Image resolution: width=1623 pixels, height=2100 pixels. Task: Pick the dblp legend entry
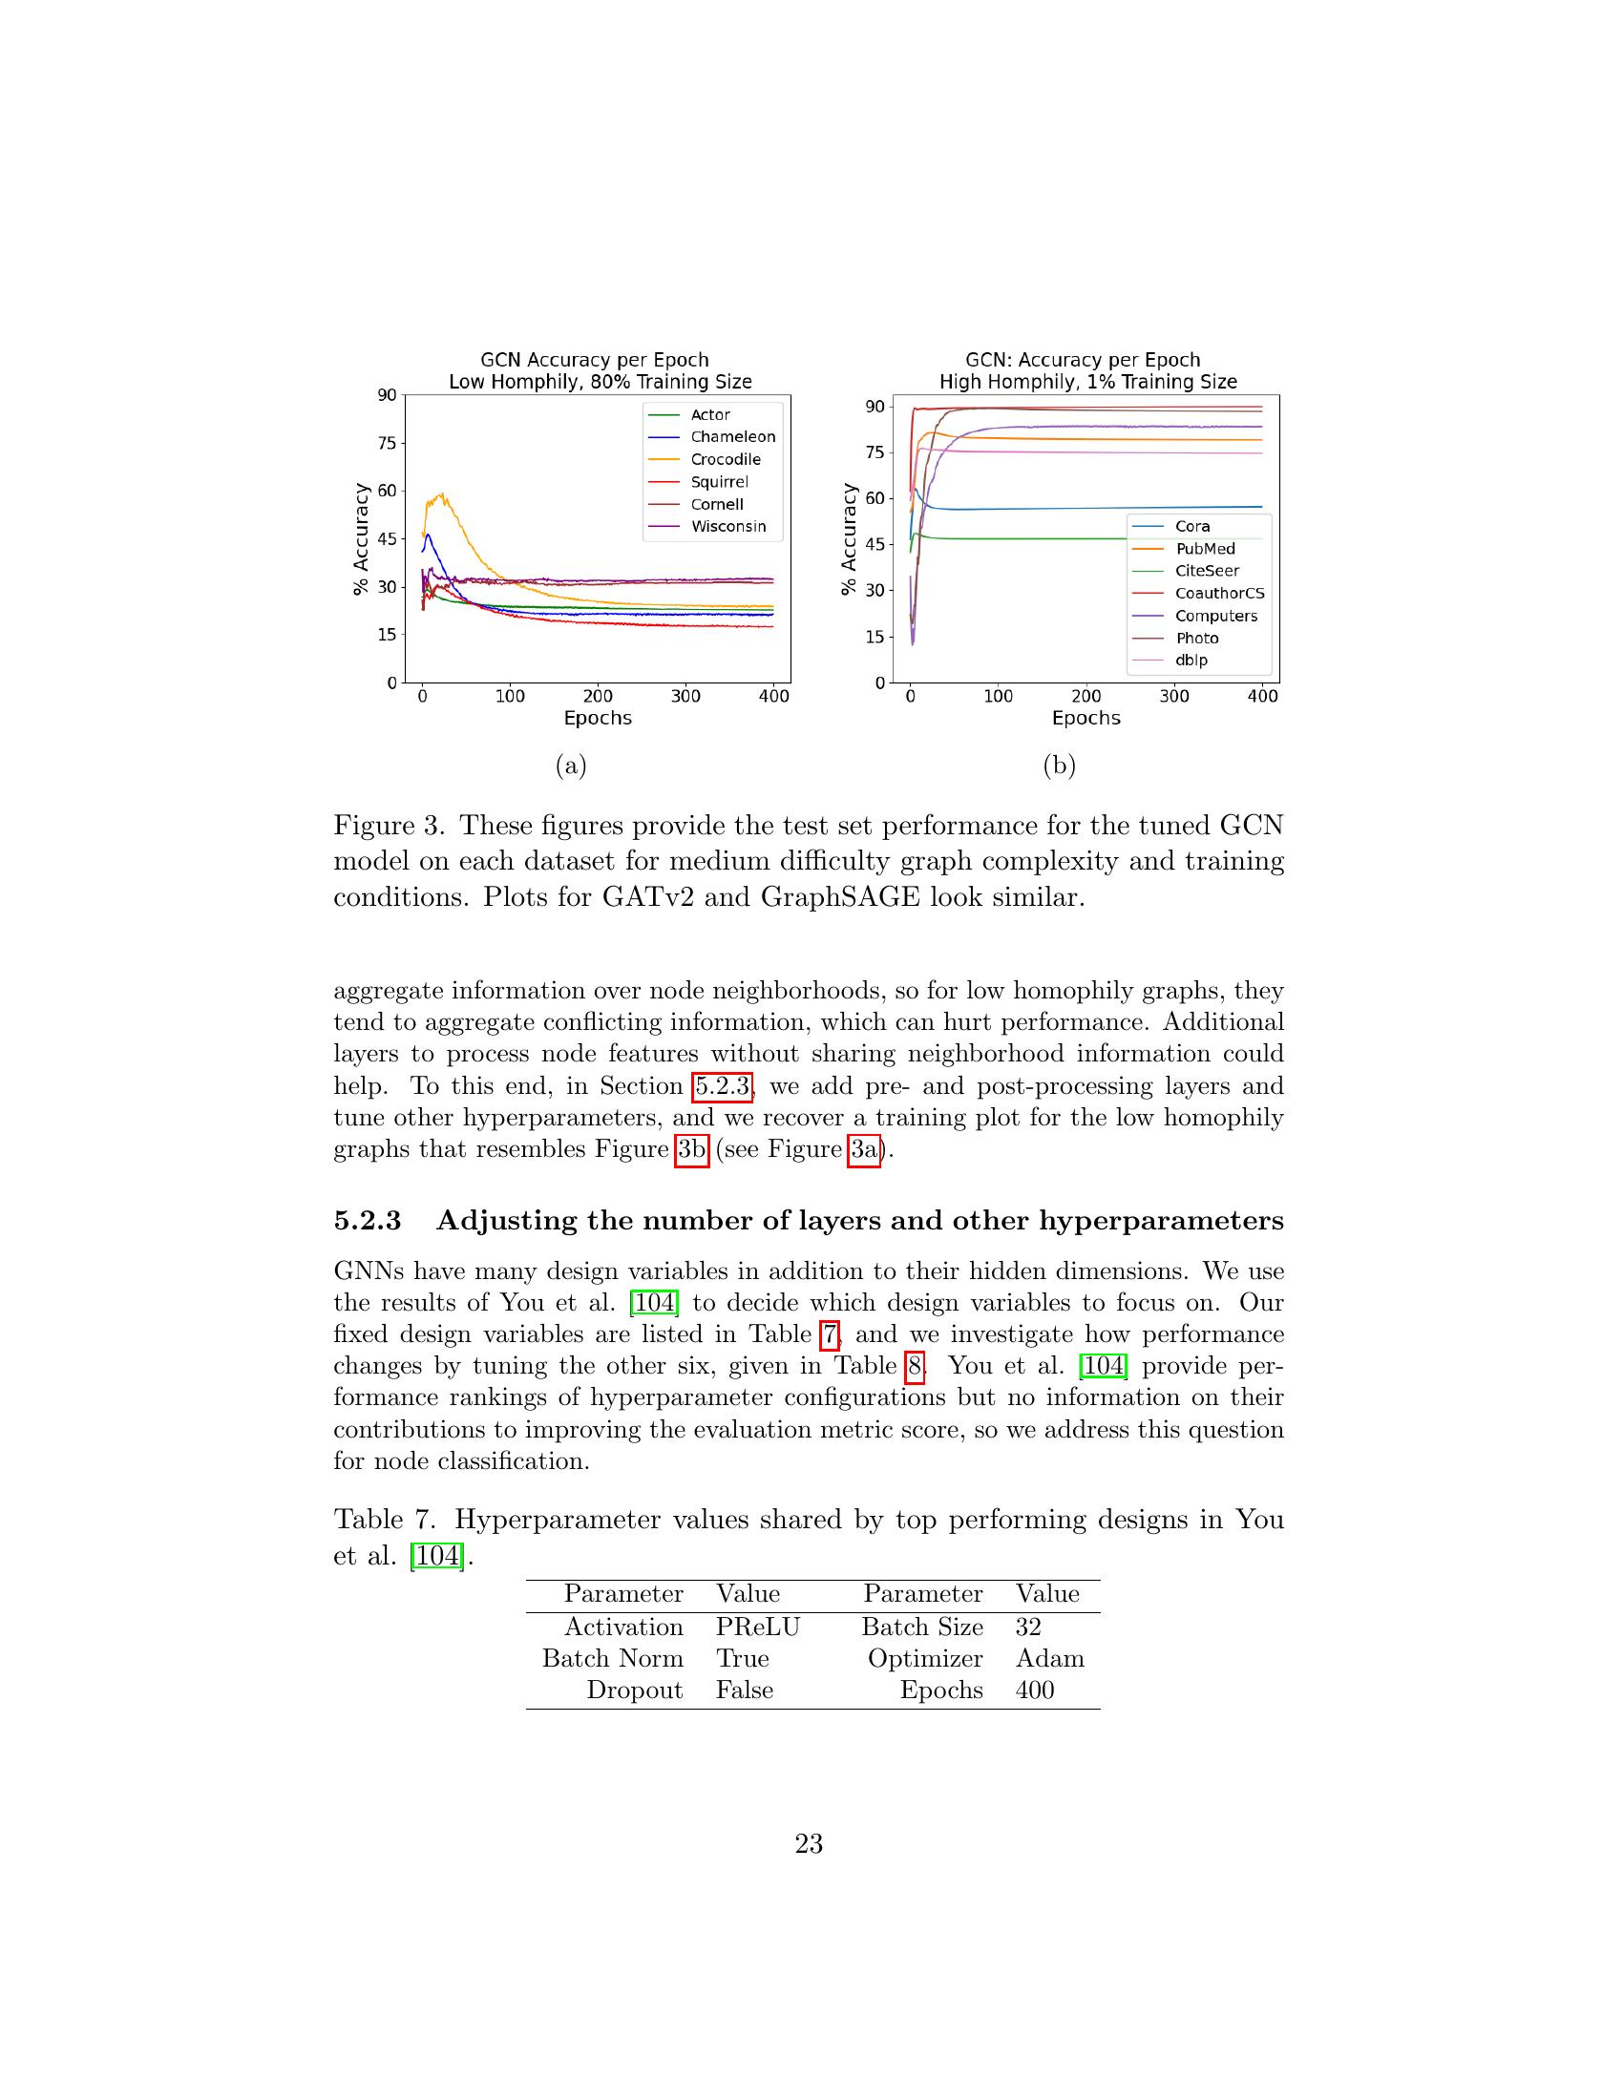click(x=1191, y=660)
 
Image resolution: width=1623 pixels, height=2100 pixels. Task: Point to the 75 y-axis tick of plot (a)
click(x=387, y=443)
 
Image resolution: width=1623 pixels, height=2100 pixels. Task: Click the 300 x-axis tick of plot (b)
click(x=1174, y=696)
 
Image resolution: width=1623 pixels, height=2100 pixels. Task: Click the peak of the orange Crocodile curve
click(x=441, y=495)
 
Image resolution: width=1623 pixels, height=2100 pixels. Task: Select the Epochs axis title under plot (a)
click(x=597, y=718)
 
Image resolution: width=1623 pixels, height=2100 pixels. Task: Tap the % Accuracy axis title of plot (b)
click(x=848, y=539)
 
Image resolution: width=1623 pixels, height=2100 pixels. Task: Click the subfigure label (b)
click(x=1059, y=766)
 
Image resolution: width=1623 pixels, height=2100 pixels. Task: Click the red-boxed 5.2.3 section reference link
click(x=722, y=1085)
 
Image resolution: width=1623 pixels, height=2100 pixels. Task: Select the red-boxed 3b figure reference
click(x=691, y=1149)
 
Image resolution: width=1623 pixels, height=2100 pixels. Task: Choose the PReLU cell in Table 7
click(x=757, y=1627)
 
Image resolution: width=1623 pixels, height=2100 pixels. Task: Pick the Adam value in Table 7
click(x=1049, y=1659)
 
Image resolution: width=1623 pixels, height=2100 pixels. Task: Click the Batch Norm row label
click(x=613, y=1659)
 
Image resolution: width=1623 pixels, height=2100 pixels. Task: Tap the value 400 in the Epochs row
click(x=1035, y=1690)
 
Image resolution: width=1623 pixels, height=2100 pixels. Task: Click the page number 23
click(x=809, y=1844)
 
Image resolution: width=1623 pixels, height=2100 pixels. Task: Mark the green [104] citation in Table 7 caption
click(x=437, y=1555)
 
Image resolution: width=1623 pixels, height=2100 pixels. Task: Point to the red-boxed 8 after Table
click(x=914, y=1365)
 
